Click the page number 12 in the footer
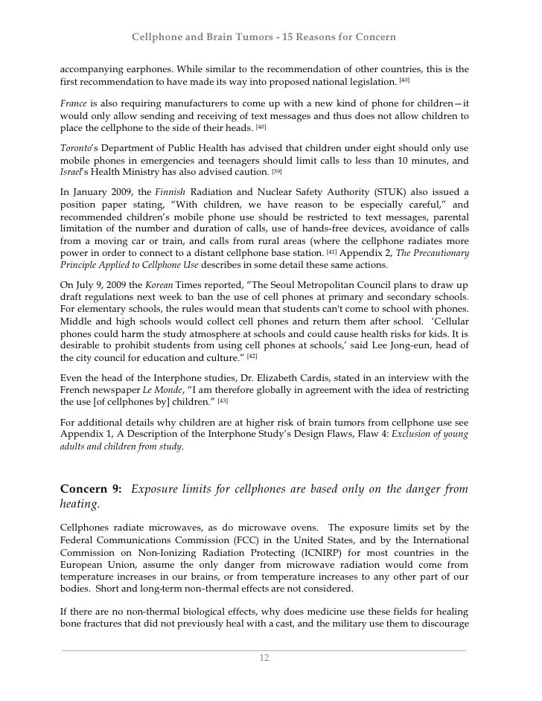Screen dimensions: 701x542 (264, 658)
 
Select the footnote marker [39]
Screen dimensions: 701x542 (277, 171)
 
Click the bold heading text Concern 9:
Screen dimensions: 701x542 (91, 489)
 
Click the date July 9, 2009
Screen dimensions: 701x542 (98, 285)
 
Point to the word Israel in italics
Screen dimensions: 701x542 (70, 172)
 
